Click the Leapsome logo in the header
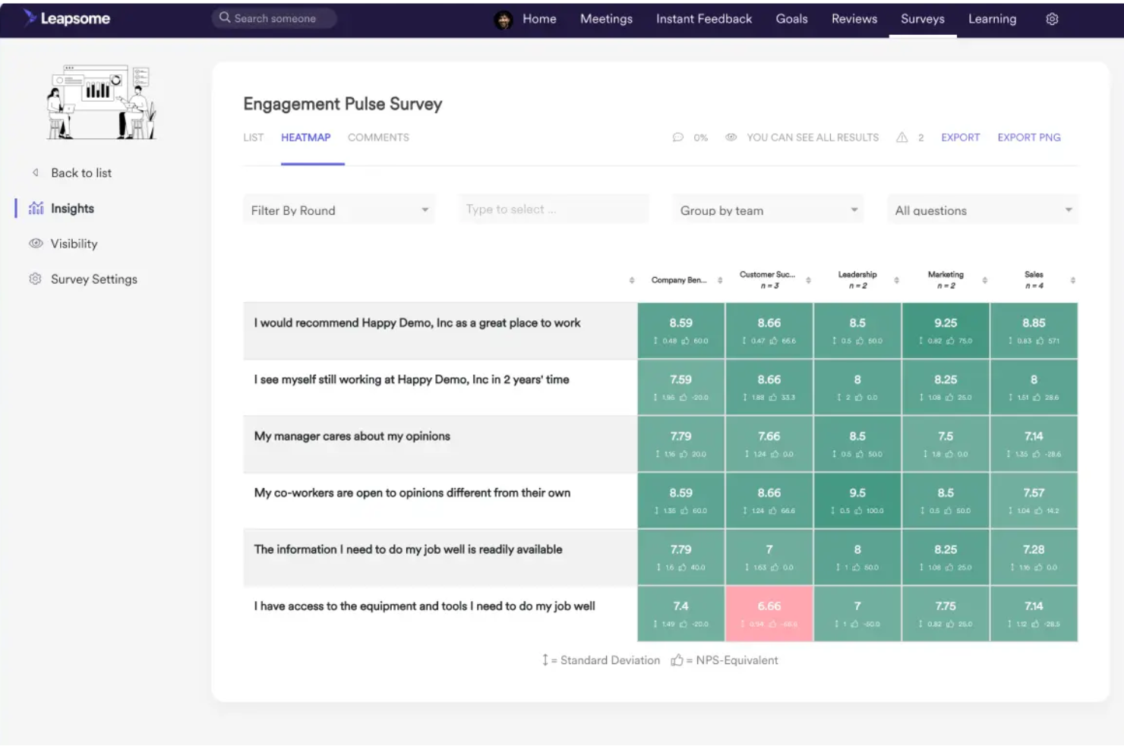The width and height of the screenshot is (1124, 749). pyautogui.click(x=67, y=18)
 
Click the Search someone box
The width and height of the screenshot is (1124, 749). pyautogui.click(x=274, y=18)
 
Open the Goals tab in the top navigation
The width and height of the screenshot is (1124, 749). pyautogui.click(x=791, y=19)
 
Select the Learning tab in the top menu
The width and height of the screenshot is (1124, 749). pyautogui.click(x=992, y=19)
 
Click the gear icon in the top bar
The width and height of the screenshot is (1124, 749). pyautogui.click(x=1052, y=19)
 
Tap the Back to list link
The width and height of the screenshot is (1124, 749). pyautogui.click(x=81, y=173)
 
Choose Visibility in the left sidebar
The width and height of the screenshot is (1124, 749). pyautogui.click(x=74, y=244)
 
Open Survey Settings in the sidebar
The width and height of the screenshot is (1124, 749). pyautogui.click(x=93, y=279)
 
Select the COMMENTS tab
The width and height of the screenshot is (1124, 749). pyautogui.click(x=378, y=137)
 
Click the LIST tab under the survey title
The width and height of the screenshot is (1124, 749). pyautogui.click(x=253, y=137)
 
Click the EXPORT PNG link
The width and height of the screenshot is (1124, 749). pyautogui.click(x=1029, y=137)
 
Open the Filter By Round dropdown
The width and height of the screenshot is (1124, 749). pyautogui.click(x=339, y=210)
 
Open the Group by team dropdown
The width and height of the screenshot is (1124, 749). pyautogui.click(x=768, y=210)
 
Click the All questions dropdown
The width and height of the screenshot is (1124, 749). pyautogui.click(x=982, y=210)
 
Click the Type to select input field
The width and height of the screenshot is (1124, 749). pyautogui.click(x=553, y=209)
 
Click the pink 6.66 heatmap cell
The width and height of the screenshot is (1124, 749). pyautogui.click(x=769, y=613)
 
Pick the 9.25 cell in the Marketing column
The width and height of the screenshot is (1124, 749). pyautogui.click(x=946, y=330)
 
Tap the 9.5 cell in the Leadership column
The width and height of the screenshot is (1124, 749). pyautogui.click(x=857, y=500)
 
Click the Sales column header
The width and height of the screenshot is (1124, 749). pyautogui.click(x=1034, y=280)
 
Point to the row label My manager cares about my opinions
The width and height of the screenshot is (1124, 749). pyautogui.click(x=352, y=436)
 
